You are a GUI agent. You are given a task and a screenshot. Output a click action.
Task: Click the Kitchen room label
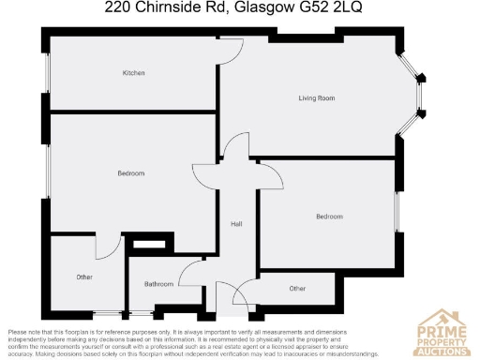133,73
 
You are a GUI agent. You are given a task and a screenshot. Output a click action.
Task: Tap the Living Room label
317,97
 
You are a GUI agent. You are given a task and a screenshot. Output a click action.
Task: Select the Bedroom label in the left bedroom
130,173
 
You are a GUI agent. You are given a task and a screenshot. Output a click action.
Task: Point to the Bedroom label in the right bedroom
329,217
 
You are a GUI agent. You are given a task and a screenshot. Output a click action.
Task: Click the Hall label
237,224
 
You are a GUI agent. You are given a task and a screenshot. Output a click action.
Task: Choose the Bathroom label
158,283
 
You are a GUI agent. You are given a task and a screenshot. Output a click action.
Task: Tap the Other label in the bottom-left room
84,277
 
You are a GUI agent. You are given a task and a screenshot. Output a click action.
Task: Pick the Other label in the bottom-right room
297,289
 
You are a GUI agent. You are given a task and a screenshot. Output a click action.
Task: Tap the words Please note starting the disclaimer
25,332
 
